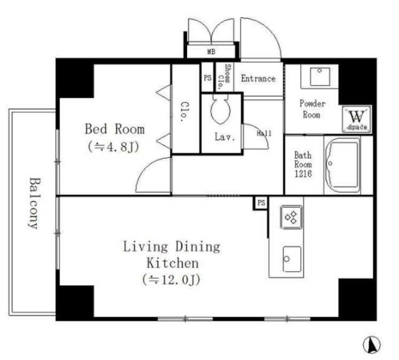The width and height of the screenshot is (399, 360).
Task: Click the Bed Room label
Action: (115, 129)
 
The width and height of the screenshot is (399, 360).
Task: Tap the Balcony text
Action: (34, 203)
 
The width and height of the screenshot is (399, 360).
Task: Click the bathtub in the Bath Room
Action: (343, 165)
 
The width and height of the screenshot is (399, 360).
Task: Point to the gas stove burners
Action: (291, 217)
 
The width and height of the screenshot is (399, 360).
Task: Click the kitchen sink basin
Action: (292, 259)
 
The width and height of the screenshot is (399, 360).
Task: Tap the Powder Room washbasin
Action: (320, 76)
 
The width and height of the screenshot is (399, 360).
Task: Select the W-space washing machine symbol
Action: (357, 119)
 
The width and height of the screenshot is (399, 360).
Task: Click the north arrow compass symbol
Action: (372, 345)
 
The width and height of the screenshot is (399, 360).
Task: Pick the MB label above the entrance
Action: (211, 52)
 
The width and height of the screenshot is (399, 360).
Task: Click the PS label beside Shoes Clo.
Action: (208, 77)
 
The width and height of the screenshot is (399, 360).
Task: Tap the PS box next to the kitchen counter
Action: (261, 203)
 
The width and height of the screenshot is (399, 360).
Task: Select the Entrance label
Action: (258, 79)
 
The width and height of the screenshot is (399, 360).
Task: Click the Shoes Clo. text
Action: (224, 76)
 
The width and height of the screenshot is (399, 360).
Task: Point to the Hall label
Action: (264, 133)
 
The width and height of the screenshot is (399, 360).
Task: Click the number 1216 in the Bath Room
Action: (303, 173)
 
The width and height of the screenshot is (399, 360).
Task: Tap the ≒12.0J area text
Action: (171, 280)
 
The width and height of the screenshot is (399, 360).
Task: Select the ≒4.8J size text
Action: (113, 147)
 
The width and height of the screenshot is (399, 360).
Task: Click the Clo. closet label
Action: (185, 112)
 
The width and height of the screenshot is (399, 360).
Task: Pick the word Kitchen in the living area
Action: (173, 263)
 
